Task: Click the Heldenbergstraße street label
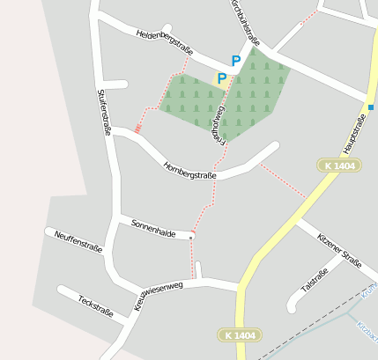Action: [166, 40]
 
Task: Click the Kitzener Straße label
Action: [338, 247]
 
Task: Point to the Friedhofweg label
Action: [219, 120]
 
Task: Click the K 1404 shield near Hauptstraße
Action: [339, 165]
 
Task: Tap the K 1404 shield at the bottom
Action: [240, 335]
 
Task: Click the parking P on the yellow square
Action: [222, 78]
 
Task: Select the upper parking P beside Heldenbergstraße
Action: [235, 61]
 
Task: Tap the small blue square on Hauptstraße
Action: [371, 107]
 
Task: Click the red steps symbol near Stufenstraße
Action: [137, 129]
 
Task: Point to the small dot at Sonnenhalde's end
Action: [191, 236]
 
